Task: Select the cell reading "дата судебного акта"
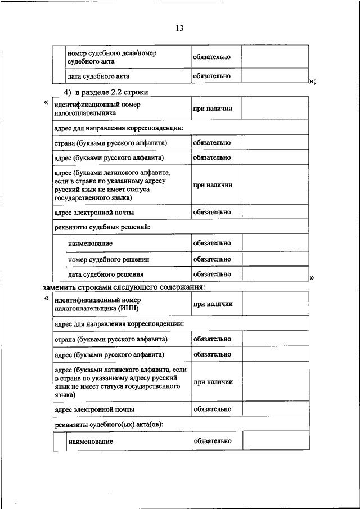[99, 76]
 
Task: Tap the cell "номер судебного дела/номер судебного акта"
[111, 57]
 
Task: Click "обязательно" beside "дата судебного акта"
[212, 75]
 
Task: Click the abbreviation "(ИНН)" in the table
[128, 309]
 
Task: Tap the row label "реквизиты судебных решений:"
[102, 227]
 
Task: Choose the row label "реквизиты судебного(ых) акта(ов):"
[109, 424]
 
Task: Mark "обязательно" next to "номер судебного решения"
[212, 259]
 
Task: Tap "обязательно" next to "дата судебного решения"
[212, 274]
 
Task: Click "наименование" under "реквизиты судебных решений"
[89, 244]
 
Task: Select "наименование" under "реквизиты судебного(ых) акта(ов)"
[91, 442]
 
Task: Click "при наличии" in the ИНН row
[213, 304]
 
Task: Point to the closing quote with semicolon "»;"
[312, 80]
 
